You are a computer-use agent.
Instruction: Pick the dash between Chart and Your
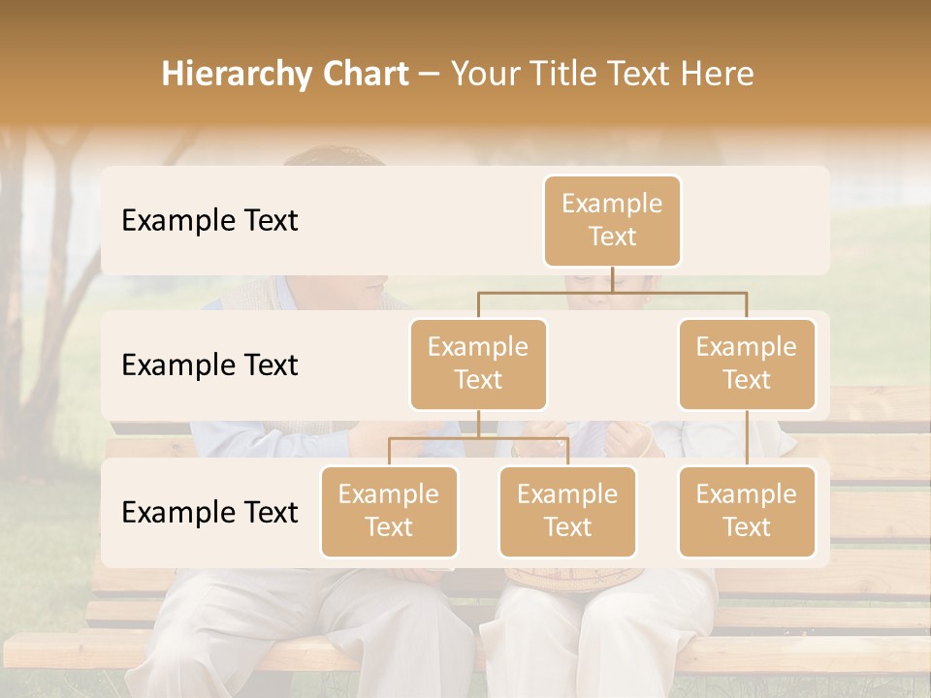click(x=430, y=76)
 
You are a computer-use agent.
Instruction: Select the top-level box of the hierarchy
click(x=612, y=220)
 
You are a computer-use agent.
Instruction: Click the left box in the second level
click(x=478, y=364)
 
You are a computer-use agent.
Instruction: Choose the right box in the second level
click(x=747, y=364)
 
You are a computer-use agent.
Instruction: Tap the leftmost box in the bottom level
click(x=389, y=511)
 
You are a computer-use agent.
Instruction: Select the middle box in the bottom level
click(x=567, y=511)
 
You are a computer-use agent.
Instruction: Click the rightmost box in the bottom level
click(x=747, y=511)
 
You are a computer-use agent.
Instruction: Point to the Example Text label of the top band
click(x=209, y=220)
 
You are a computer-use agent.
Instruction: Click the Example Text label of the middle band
click(x=209, y=365)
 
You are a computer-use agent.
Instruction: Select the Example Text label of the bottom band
click(x=209, y=512)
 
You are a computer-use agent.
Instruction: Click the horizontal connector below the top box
click(x=612, y=292)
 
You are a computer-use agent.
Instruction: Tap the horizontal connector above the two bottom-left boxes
click(x=478, y=439)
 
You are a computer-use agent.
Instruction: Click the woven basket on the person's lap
click(x=572, y=578)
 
